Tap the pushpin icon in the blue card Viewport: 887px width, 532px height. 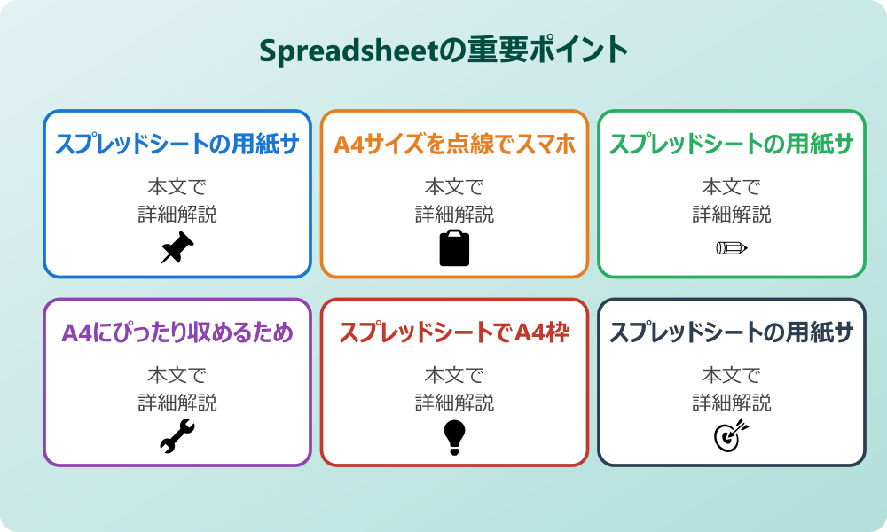[177, 247]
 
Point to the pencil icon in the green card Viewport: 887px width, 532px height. [732, 247]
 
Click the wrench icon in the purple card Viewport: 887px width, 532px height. [177, 436]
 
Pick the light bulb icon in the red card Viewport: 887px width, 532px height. [454, 436]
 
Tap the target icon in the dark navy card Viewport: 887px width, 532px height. [732, 435]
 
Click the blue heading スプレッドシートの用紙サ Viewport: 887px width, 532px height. [177, 145]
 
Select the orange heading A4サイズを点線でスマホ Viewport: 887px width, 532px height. [454, 145]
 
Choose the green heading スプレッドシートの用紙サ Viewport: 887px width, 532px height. [732, 145]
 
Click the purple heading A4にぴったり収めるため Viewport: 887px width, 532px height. [177, 333]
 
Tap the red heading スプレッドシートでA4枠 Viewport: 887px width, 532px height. [454, 333]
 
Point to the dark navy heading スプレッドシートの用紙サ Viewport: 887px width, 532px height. [732, 333]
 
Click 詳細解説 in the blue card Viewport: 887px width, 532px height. [177, 214]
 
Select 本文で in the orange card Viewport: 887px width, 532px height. [454, 187]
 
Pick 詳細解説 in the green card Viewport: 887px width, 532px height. [732, 214]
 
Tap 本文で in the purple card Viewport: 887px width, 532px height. [177, 376]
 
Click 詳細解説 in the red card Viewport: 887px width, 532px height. [454, 403]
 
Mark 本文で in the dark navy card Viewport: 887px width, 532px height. [732, 376]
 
